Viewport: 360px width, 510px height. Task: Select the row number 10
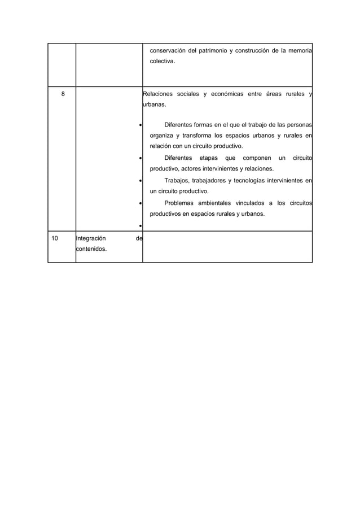coord(55,238)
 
